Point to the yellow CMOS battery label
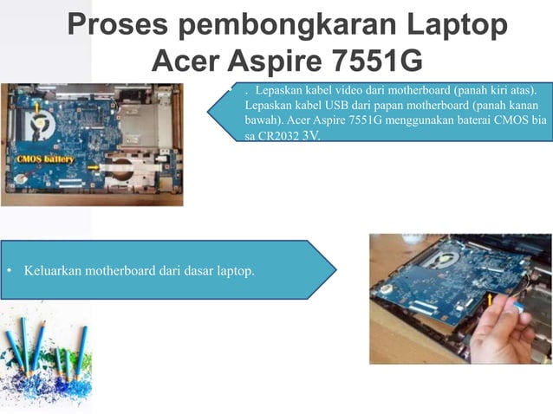44,160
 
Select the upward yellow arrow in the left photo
36,107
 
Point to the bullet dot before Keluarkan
10,271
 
